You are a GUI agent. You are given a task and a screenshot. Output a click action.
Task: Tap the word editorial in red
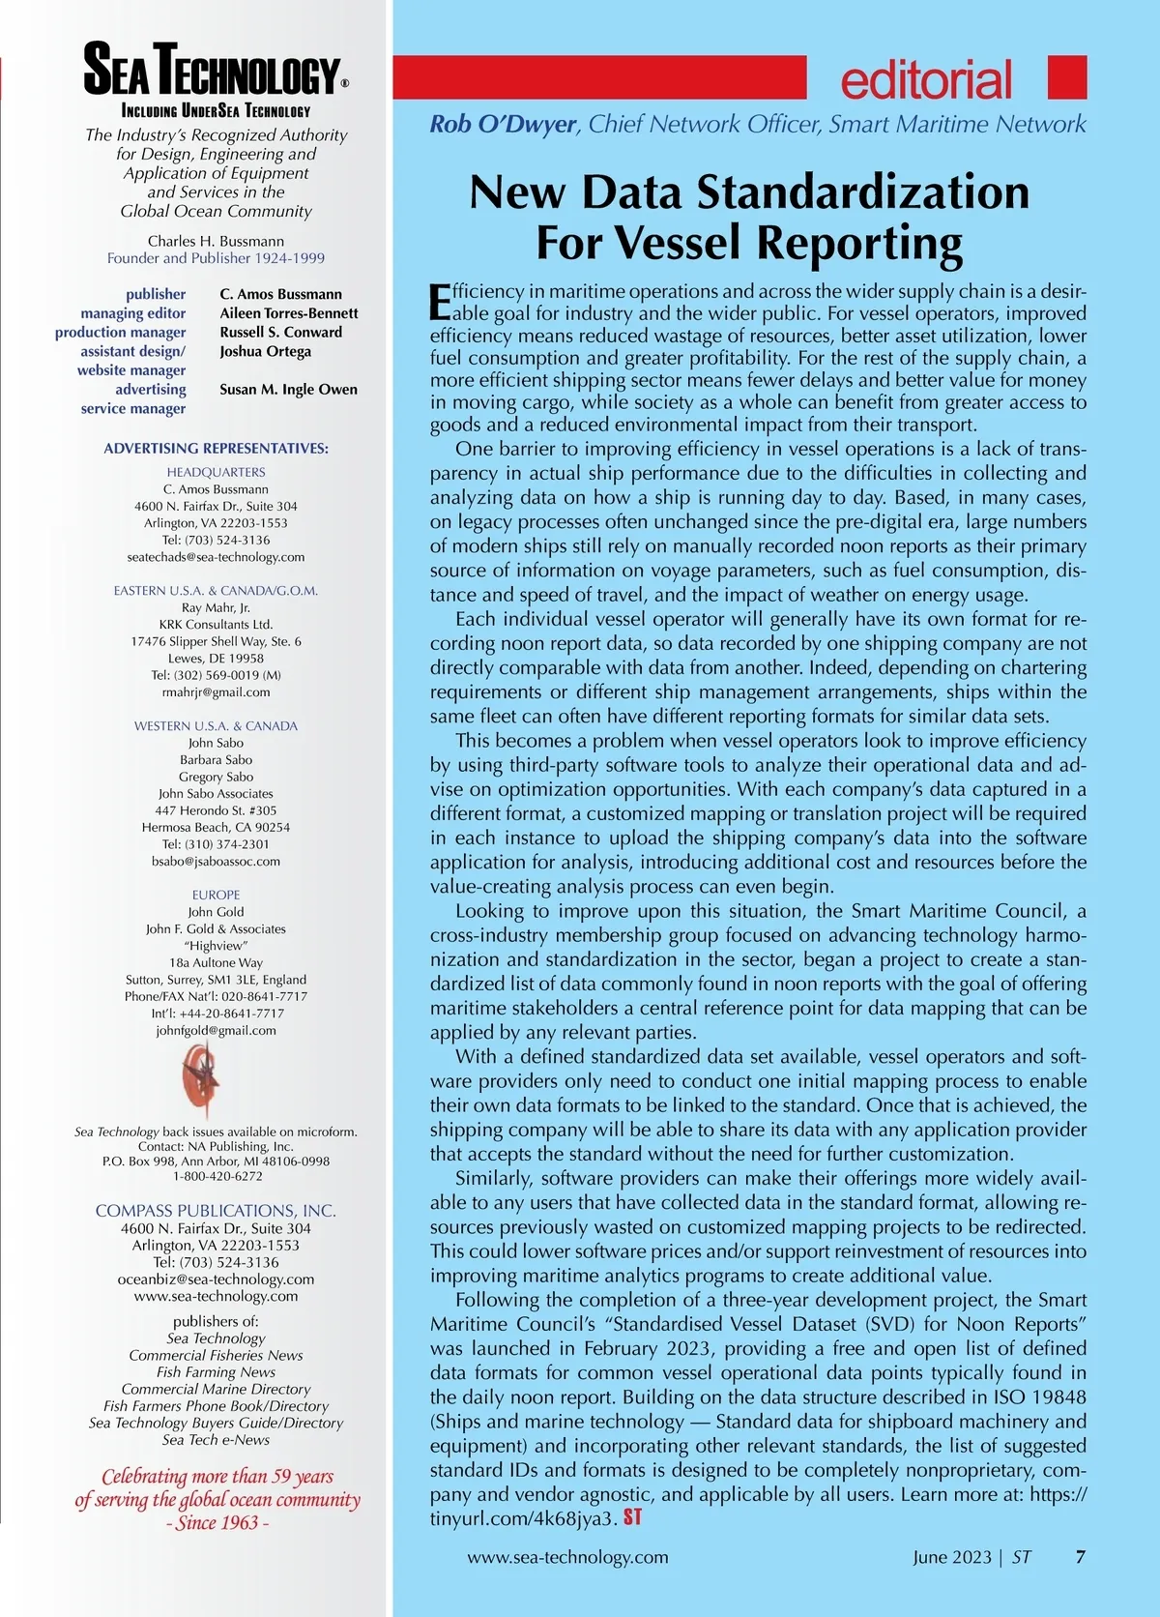click(926, 80)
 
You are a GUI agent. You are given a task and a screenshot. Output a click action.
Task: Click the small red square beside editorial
click(1067, 77)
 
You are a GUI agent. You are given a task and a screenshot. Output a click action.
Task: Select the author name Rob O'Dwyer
click(504, 125)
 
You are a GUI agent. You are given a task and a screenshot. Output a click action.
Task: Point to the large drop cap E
click(440, 301)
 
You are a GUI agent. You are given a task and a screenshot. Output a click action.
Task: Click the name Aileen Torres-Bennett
click(288, 313)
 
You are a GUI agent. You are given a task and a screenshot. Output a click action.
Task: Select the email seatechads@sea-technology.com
click(216, 557)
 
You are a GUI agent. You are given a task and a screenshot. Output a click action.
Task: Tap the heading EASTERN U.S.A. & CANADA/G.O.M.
click(216, 591)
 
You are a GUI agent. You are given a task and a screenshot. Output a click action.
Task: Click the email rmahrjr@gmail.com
click(216, 692)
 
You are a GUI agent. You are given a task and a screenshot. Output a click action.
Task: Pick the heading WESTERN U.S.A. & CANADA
click(216, 726)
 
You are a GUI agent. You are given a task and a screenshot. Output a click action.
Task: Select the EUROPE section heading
click(216, 896)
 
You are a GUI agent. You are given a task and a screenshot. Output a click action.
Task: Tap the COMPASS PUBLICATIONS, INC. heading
click(216, 1211)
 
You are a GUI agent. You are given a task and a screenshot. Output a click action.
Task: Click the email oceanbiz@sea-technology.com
click(216, 1279)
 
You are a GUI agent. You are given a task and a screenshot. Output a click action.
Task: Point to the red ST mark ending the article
click(632, 1517)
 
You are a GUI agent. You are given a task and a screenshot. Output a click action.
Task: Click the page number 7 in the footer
click(1080, 1557)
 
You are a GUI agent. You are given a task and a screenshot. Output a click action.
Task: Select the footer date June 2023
click(951, 1557)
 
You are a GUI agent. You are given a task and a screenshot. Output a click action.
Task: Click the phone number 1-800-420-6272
click(217, 1177)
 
